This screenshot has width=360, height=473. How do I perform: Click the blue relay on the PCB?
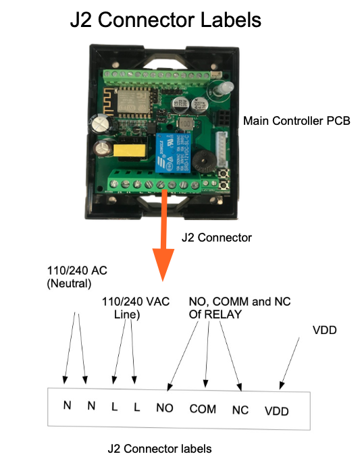pos(173,152)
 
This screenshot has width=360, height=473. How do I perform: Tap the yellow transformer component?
pos(129,150)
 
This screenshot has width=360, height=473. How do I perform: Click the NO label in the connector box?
pos(165,408)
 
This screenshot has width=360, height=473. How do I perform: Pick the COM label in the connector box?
pos(203,409)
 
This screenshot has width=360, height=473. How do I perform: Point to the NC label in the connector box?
pos(240,410)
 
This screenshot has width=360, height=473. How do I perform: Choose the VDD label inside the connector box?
pos(277,411)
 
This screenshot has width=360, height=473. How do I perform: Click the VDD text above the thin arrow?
pos(325,330)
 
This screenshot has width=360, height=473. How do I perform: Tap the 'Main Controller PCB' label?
pos(297,121)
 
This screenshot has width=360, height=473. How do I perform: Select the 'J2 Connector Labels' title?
pos(165,20)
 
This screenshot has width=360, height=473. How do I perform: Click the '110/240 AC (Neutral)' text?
pos(77,277)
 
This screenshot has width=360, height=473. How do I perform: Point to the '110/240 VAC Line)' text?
pos(136,308)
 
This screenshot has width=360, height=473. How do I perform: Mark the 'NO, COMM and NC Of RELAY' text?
pos(240,308)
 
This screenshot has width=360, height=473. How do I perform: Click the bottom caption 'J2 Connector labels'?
pos(159,449)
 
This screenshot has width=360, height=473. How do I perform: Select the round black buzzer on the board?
pos(203,161)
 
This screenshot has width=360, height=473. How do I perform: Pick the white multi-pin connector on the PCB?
pos(222,149)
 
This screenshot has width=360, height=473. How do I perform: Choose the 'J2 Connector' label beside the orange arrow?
pos(217,238)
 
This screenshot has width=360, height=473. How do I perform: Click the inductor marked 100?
pos(184,123)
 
